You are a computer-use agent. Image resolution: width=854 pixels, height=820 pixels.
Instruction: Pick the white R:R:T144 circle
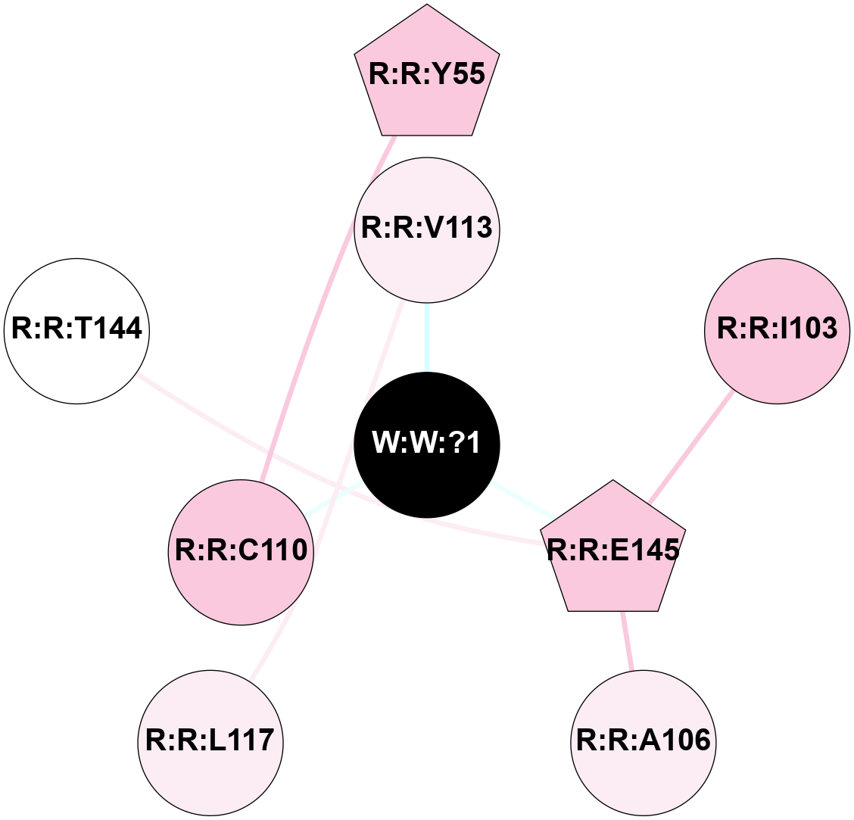pos(76,331)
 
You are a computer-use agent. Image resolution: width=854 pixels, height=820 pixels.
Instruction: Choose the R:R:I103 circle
pos(777,331)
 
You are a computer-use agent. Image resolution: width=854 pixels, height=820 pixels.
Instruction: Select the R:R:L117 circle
pos(210,742)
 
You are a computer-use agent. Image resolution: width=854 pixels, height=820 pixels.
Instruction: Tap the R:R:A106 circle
pos(644,742)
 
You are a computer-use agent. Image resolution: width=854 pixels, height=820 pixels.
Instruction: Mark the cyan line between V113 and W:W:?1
pos(427,337)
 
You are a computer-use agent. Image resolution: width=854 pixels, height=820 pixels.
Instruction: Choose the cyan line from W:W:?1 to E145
pos(522,500)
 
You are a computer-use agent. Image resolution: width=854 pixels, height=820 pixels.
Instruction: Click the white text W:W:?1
pos(427,444)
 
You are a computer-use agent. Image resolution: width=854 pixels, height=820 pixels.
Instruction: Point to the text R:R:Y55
pos(427,73)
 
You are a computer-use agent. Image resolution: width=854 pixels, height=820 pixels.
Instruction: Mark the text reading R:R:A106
pos(644,740)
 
